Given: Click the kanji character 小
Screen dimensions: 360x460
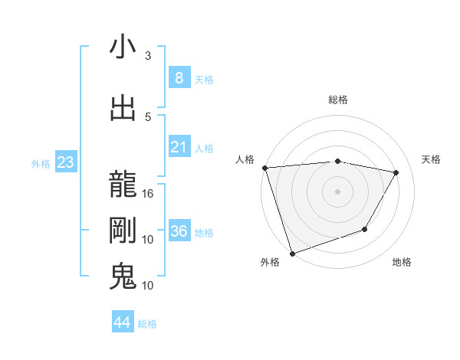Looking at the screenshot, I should [x=123, y=47].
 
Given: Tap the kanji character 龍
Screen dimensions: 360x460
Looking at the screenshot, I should [x=123, y=185].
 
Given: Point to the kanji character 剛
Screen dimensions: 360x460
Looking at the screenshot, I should [x=123, y=231].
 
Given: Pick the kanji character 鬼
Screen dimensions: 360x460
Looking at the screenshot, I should [x=123, y=276].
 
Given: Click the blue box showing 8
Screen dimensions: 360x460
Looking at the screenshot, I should [x=179, y=78].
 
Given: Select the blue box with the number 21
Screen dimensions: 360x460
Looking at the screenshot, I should [x=179, y=147].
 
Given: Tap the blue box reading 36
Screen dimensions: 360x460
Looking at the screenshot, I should [x=179, y=232].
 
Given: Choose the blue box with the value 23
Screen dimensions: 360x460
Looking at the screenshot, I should [x=65, y=162].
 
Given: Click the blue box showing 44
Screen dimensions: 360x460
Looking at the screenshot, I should [x=123, y=322].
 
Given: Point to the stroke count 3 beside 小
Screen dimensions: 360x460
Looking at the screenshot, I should [x=148, y=56].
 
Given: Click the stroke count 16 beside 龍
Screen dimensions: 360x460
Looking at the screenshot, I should [x=149, y=194].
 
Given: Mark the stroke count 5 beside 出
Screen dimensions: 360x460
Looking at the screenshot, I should [x=148, y=117].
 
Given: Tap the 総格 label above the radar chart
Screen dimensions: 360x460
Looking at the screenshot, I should [x=338, y=100].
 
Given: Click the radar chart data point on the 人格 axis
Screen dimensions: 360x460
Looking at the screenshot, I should [x=264, y=168].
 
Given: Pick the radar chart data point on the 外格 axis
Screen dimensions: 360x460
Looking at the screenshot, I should [x=292, y=253].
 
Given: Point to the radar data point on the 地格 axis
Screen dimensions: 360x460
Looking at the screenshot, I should [x=365, y=229].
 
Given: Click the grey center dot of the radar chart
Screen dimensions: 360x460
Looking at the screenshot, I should [x=338, y=191].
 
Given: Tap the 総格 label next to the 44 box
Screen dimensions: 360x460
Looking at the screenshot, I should [x=147, y=324].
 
